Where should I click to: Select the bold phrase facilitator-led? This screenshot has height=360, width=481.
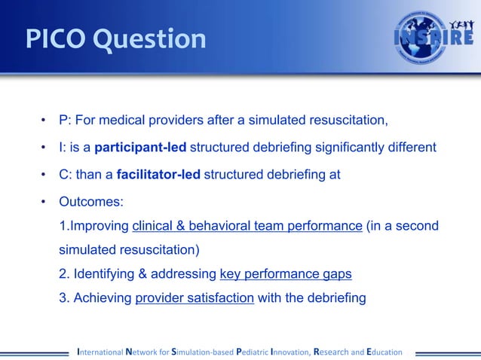click(159, 175)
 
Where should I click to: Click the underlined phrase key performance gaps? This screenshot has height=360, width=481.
click(286, 273)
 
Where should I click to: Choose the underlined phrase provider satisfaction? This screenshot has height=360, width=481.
click(195, 297)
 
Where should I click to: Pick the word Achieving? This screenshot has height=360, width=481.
click(102, 297)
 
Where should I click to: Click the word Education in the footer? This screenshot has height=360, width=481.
click(384, 351)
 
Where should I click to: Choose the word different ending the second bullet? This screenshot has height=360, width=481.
click(411, 148)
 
